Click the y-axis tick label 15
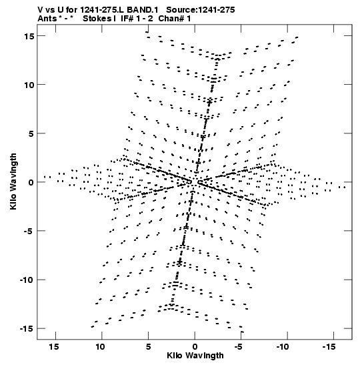click(29, 36)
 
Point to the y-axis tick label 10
click(29, 85)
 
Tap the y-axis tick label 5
click(31, 133)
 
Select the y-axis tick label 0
click(31, 182)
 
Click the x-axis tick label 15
click(54, 347)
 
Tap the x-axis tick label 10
click(100, 347)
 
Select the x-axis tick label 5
click(148, 347)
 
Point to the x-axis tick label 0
click(195, 347)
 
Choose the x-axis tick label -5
click(239, 347)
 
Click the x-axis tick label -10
click(283, 347)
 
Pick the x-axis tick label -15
click(329, 347)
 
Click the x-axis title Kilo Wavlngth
click(195, 356)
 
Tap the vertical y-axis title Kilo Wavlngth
click(13, 181)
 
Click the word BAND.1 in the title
click(143, 10)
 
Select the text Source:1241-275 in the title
click(201, 10)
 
